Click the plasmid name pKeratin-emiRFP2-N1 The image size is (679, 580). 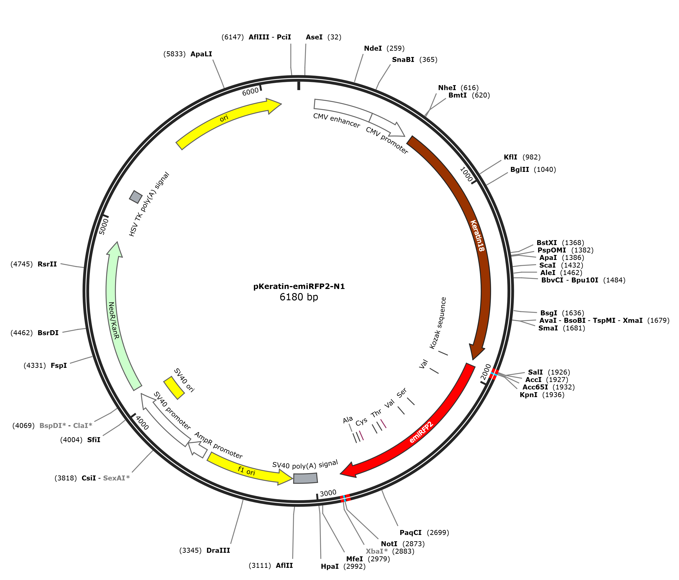299,287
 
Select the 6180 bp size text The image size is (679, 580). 299,297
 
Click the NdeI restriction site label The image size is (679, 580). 373,48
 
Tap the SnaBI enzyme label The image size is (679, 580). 403,60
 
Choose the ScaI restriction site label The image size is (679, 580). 548,265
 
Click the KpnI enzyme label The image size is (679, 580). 529,395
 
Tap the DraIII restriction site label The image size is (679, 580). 218,550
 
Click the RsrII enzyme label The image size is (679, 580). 47,264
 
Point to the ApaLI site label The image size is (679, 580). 201,54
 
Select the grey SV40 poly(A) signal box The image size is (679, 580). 306,478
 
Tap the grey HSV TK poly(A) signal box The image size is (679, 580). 136,197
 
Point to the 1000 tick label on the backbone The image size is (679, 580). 466,174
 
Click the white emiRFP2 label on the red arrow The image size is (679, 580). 421,432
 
